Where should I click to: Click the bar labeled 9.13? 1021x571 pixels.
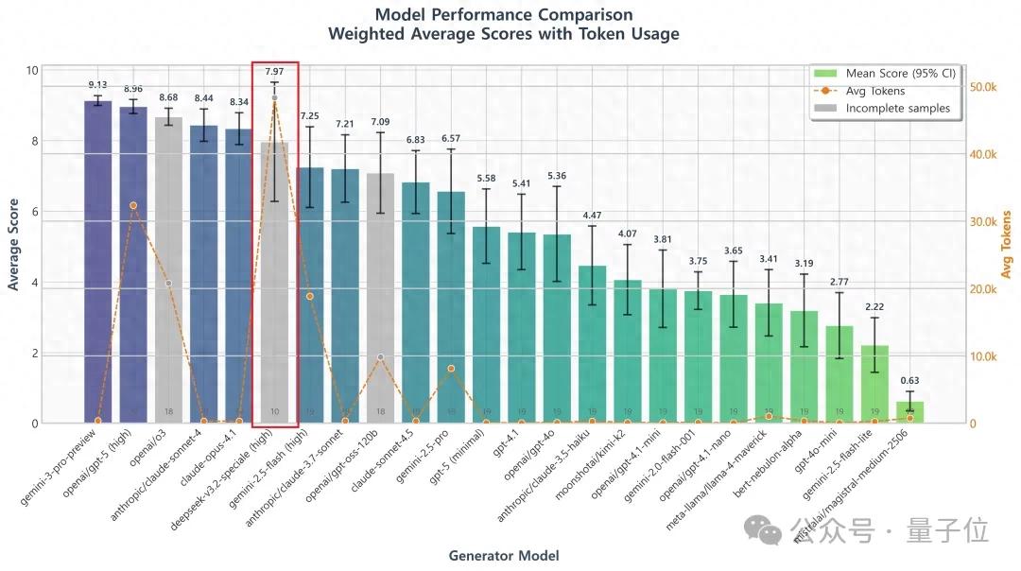coord(97,265)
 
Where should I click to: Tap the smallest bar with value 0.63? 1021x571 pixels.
coord(909,413)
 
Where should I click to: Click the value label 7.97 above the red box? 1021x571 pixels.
coord(274,72)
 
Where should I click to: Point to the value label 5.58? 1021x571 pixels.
coord(486,178)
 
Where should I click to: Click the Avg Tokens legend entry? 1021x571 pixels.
coord(874,91)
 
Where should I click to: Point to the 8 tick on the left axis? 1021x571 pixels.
coord(33,142)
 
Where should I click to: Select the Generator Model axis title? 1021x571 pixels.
coord(503,556)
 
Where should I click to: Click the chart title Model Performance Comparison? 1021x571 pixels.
coord(503,15)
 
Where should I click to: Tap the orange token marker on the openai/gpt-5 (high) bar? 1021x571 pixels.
coord(133,205)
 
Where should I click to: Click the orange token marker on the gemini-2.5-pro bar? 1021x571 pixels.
coord(451,369)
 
